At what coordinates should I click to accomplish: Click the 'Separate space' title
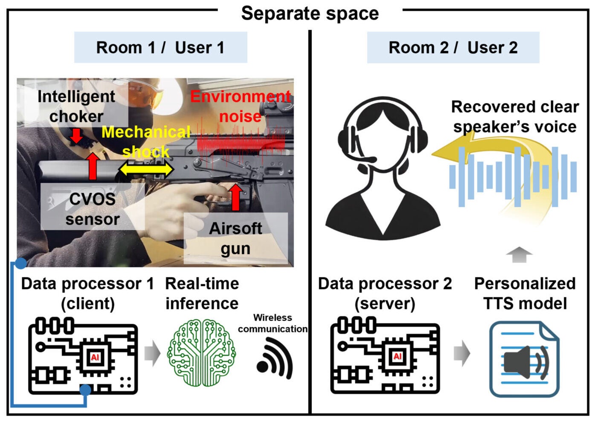tap(310, 13)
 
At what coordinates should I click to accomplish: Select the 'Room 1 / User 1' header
tap(160, 47)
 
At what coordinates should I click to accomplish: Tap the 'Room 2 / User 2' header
tap(453, 47)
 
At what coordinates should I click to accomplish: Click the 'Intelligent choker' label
tap(76, 106)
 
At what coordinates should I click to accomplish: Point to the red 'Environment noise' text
tap(241, 106)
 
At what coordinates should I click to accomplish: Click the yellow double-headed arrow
tap(146, 170)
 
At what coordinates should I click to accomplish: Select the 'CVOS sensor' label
tap(92, 209)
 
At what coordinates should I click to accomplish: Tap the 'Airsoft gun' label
tap(235, 238)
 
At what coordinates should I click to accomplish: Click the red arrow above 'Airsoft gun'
tap(236, 197)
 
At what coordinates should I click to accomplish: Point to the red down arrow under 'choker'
tap(76, 136)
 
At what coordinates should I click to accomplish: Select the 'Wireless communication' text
tap(273, 323)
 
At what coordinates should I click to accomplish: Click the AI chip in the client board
tap(95, 357)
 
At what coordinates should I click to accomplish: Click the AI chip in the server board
tap(397, 356)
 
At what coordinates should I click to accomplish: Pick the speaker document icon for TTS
tap(524, 359)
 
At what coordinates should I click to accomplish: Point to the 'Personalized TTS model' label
tap(525, 293)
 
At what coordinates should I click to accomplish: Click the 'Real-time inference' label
tap(202, 293)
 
